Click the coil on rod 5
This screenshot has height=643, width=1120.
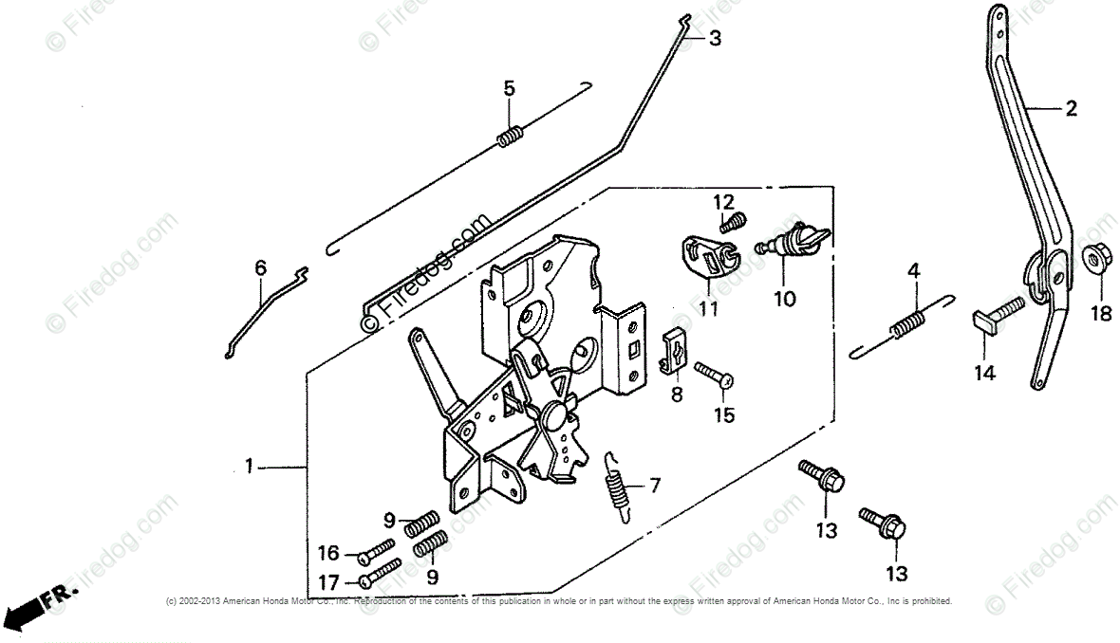(x=511, y=138)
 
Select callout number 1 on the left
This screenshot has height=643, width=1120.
(x=249, y=466)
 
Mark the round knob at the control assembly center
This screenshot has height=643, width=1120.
(x=553, y=417)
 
